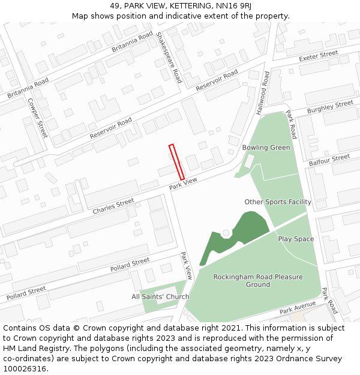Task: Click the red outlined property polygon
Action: (x=176, y=162)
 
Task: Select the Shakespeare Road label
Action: (x=169, y=58)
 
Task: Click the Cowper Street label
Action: (x=37, y=118)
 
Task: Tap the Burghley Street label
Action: (x=330, y=107)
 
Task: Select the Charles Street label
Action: (x=113, y=207)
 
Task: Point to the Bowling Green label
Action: (x=266, y=148)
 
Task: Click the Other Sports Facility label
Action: (x=278, y=202)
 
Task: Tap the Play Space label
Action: (x=296, y=239)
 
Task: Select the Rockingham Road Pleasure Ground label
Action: (x=258, y=281)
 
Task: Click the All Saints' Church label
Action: (x=160, y=296)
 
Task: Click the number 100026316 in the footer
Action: (x=25, y=369)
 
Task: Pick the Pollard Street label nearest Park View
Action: (x=130, y=264)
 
